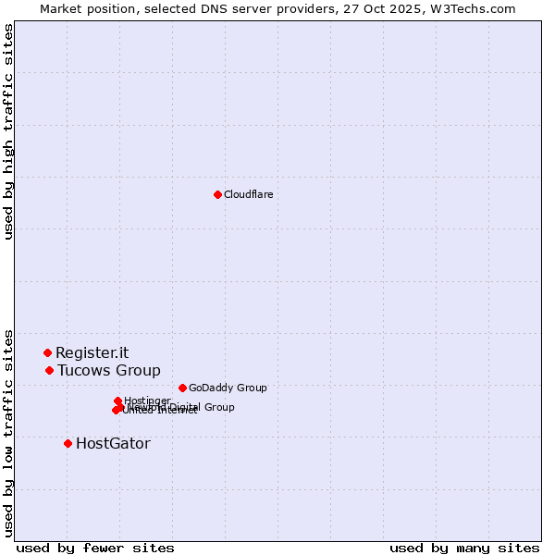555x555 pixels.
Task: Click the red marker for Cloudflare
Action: (217, 194)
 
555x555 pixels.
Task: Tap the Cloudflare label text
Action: (248, 194)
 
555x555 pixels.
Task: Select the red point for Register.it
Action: (47, 352)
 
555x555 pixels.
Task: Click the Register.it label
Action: (92, 352)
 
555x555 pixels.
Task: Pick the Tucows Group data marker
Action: (49, 370)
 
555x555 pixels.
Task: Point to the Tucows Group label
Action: (108, 371)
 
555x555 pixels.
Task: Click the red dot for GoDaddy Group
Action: (182, 388)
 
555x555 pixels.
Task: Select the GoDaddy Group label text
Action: (227, 388)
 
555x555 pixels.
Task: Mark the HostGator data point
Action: (68, 443)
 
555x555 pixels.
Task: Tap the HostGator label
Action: (113, 444)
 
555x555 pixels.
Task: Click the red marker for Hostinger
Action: (117, 401)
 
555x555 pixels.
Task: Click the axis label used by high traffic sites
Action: (8, 131)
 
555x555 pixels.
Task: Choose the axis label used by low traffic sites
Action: (8, 432)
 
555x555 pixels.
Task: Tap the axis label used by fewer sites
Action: (95, 548)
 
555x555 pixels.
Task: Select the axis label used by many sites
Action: (464, 548)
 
